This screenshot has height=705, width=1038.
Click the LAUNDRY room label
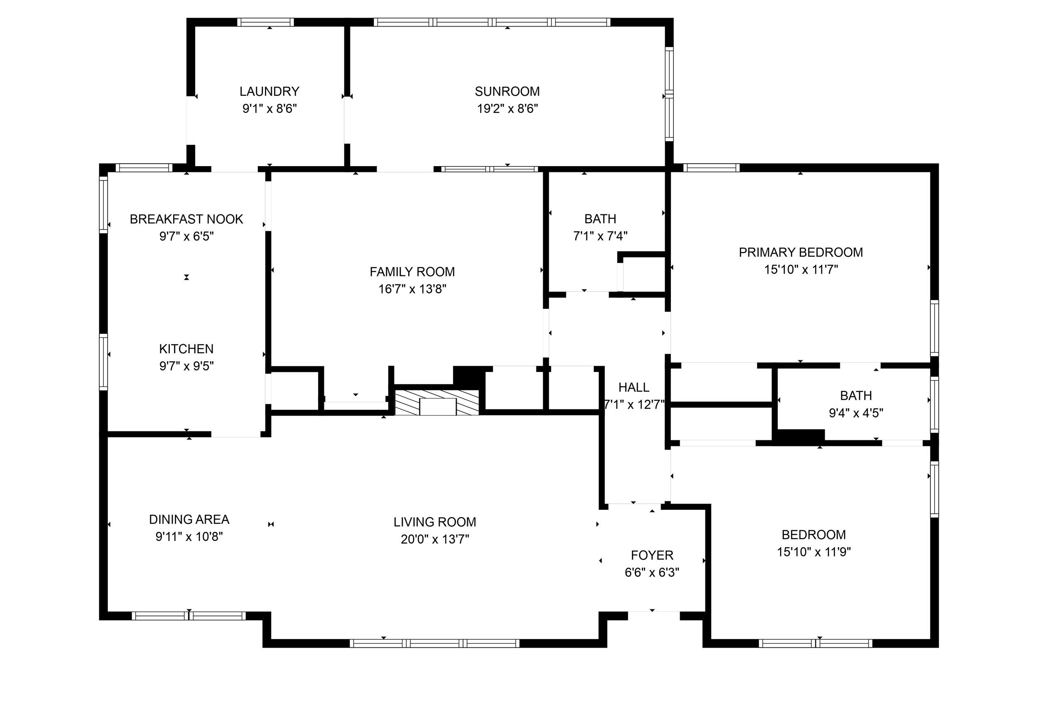pos(269,92)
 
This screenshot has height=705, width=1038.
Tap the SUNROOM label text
pos(507,92)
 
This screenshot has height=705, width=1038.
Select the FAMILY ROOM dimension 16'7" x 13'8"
pos(412,289)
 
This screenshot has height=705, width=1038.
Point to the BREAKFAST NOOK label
pos(186,219)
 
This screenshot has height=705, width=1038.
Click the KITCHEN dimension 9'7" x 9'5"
pos(186,366)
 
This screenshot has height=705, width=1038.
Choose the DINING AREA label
pos(189,519)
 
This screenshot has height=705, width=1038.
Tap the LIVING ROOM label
pos(435,522)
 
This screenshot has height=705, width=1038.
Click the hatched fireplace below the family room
pos(437,402)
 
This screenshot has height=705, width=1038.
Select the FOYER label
pos(652,556)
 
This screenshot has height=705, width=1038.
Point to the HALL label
pos(634,387)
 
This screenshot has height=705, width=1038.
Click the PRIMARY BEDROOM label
pos(801,252)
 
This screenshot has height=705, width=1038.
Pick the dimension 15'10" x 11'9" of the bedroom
pos(814,552)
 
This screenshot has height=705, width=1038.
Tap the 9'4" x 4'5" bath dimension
pos(856,413)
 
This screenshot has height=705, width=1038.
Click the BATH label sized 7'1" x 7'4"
pos(600,219)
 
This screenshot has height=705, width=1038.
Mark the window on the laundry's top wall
pos(265,22)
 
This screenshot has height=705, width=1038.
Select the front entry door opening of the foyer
pos(654,616)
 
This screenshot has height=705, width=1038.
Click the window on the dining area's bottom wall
pos(189,616)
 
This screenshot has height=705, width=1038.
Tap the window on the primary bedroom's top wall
pos(712,168)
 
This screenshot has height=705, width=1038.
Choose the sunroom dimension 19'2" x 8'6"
pos(507,108)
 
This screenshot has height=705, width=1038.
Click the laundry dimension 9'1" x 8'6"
pos(269,108)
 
